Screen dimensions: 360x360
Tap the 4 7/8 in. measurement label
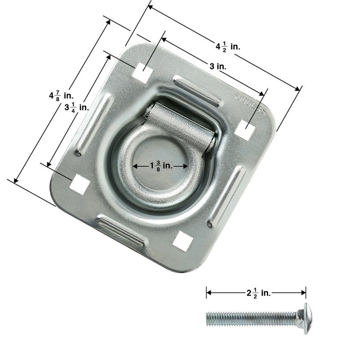click(x=61, y=96)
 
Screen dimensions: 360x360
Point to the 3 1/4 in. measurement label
click(x=77, y=107)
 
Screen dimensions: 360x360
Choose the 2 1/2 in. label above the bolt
click(x=258, y=293)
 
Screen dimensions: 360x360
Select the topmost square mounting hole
click(x=142, y=72)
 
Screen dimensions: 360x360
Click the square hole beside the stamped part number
click(x=246, y=129)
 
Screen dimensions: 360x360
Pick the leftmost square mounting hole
click(x=79, y=184)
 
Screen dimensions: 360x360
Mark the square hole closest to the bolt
click(x=183, y=241)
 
